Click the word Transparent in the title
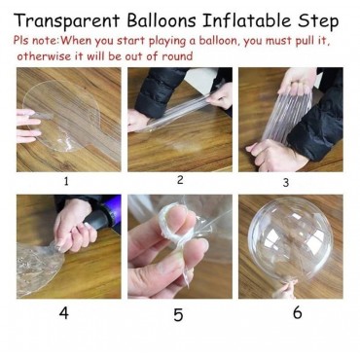(67, 20)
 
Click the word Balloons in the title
(162, 20)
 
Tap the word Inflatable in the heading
(246, 20)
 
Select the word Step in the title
(318, 21)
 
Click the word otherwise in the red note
(44, 55)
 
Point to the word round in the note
(177, 55)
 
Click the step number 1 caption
(66, 181)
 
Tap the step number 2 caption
(180, 180)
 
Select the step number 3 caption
(285, 183)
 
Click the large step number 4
(64, 312)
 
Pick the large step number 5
(178, 314)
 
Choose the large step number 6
(297, 312)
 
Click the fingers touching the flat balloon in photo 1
(28, 126)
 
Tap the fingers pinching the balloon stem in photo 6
(285, 290)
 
